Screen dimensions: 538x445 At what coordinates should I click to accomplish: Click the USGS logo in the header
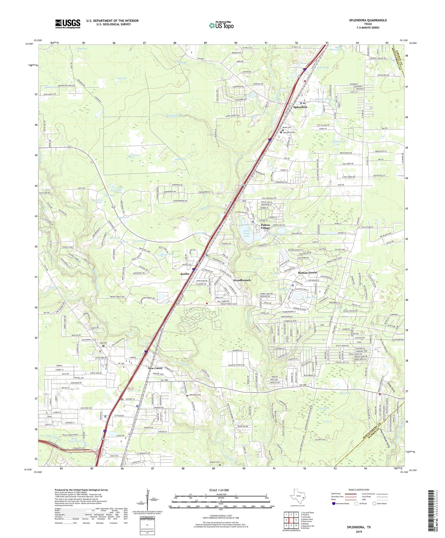(x=68, y=24)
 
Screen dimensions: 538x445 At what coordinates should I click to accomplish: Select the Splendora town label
(x=300, y=107)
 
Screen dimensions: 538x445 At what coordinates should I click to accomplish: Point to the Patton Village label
(x=266, y=226)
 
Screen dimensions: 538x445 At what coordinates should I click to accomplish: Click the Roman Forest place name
(x=307, y=272)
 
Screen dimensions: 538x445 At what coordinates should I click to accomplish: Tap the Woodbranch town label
(x=242, y=280)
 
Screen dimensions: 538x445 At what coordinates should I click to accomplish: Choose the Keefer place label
(x=185, y=274)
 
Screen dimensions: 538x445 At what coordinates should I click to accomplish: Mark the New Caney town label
(x=155, y=368)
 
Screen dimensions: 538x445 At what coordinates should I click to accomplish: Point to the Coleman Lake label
(x=338, y=142)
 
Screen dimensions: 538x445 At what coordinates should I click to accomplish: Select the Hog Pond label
(x=82, y=48)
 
